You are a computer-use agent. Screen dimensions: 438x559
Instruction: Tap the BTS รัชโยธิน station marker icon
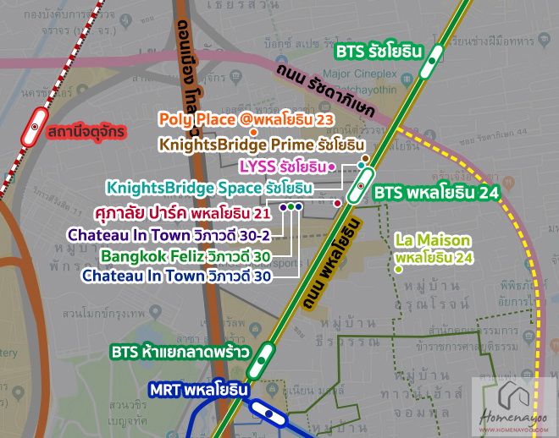(x=434, y=59)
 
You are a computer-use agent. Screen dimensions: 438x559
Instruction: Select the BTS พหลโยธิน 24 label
(x=435, y=192)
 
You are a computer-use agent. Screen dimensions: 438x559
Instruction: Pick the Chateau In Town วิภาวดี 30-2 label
(x=169, y=233)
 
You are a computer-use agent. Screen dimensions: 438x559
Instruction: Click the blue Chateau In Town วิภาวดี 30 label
(x=176, y=276)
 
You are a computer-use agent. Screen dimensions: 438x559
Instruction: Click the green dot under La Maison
(x=398, y=269)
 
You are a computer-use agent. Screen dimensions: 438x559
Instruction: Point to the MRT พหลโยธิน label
(x=198, y=391)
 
